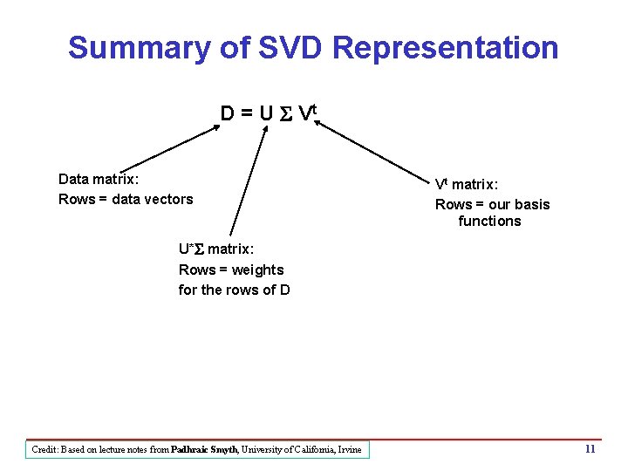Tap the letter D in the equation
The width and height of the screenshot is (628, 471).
(x=227, y=114)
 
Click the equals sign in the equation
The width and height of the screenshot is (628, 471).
(x=247, y=114)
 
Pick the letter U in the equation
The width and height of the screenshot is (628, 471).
(x=267, y=114)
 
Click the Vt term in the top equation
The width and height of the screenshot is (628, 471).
(x=304, y=113)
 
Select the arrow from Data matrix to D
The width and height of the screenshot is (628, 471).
(x=170, y=148)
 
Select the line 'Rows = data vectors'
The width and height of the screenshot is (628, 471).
(x=126, y=199)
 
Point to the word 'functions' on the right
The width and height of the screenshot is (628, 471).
(x=489, y=221)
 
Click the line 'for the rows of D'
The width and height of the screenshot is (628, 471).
(x=234, y=290)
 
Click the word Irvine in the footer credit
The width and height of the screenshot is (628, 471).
(x=347, y=449)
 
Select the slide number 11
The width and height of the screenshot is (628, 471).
(x=590, y=449)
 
